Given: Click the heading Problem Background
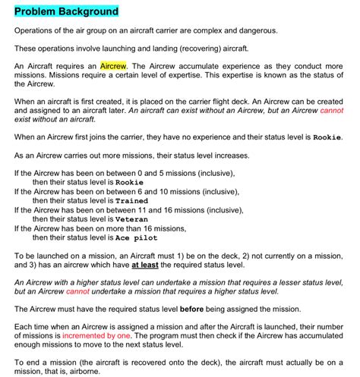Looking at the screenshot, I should coord(66,11).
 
